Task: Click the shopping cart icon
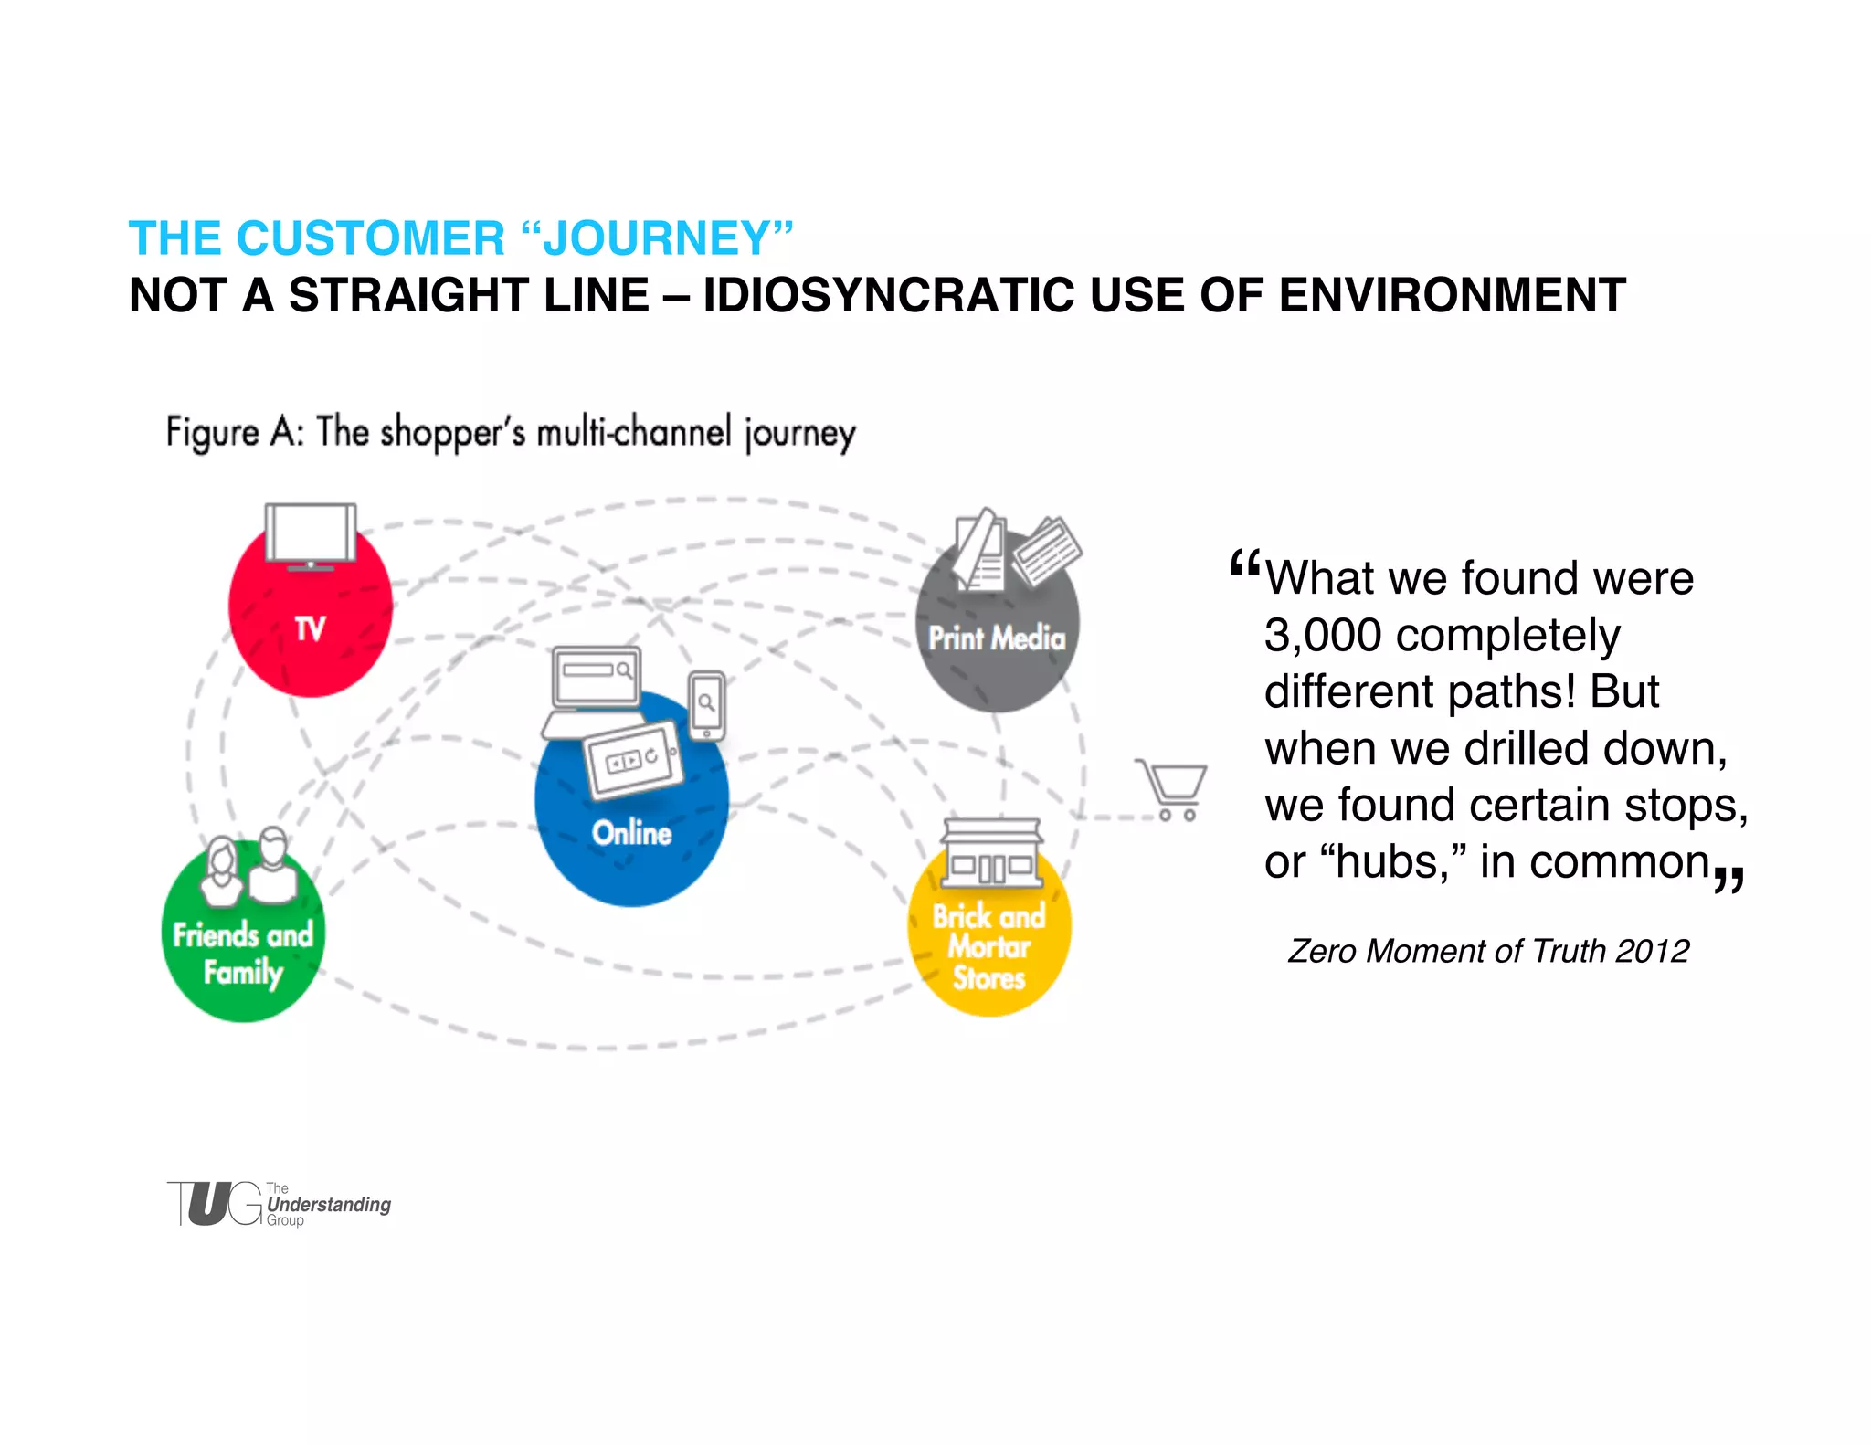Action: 1172,788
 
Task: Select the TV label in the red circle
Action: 310,629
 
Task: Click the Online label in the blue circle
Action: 631,833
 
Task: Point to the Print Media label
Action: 997,638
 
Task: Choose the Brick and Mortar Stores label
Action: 988,947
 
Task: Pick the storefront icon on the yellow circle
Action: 991,853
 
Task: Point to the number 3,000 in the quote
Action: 1322,635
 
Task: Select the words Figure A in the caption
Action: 233,432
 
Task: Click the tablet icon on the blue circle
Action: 632,758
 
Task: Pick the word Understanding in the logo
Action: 329,1204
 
